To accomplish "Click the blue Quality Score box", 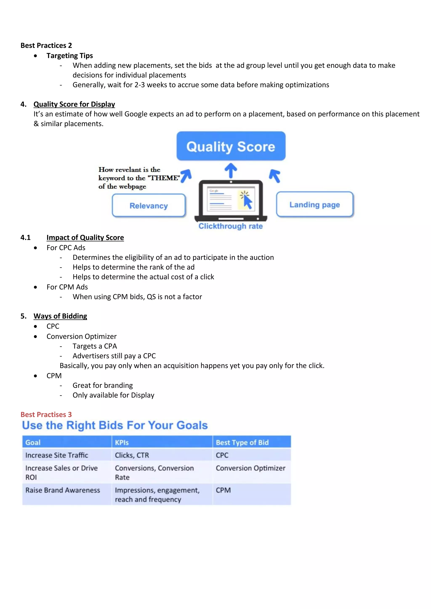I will [x=231, y=146].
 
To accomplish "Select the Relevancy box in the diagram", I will [x=149, y=206].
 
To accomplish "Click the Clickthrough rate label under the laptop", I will [x=230, y=226].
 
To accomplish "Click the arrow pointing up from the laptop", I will [x=231, y=170].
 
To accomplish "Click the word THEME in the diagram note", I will [x=165, y=178].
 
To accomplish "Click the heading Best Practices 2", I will [x=46, y=45].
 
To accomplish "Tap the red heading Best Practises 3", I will [x=46, y=414].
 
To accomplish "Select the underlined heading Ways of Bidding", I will [x=60, y=316].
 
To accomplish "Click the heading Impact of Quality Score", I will [x=85, y=237].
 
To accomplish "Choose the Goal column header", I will [x=33, y=442].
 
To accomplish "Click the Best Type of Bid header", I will [x=242, y=442].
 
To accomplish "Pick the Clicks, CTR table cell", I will [x=132, y=455].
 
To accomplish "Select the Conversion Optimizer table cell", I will [x=250, y=468].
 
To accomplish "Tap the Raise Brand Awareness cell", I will [x=63, y=490].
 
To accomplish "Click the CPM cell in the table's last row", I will [x=223, y=490].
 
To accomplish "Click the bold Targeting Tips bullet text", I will [x=69, y=56].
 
